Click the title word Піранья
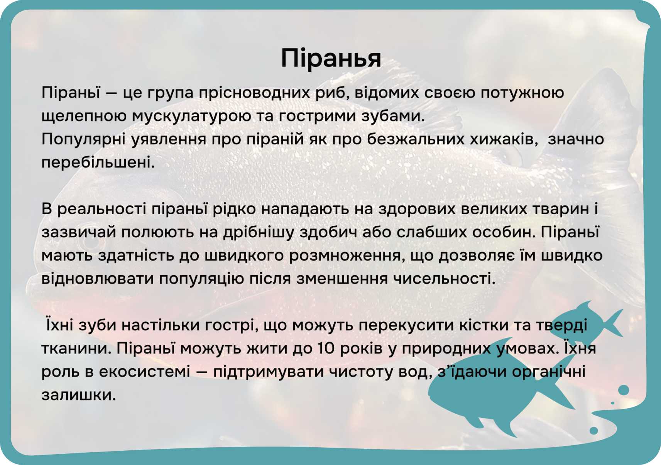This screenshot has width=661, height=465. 331,58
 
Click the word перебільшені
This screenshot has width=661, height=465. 98,162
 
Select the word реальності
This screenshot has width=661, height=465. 101,209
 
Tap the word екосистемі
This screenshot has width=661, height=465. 144,372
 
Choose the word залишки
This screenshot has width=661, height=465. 78,395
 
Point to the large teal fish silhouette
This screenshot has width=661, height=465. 502,392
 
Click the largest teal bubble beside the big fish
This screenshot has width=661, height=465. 624,390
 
